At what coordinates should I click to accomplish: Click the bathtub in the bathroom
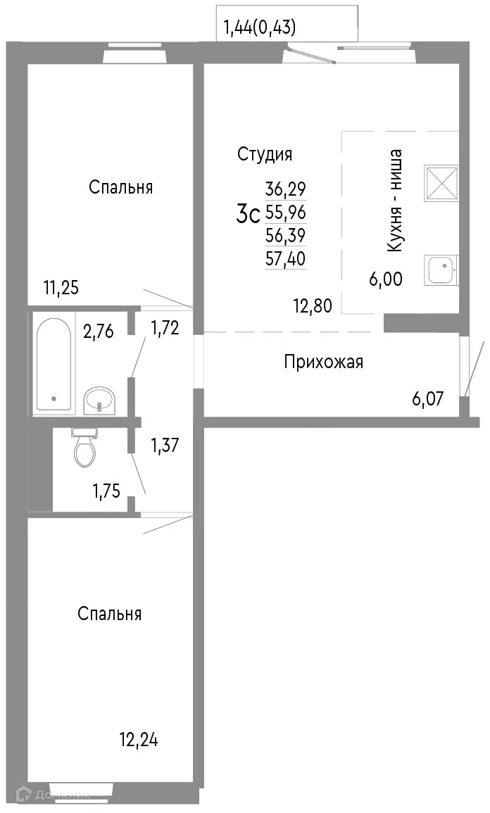point(54,363)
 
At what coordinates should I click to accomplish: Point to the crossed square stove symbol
point(441,183)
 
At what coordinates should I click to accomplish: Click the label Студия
point(265,154)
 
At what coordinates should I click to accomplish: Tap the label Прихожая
point(323,362)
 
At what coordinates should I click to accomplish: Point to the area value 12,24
point(139,740)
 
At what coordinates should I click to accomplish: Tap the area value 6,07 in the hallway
point(427,400)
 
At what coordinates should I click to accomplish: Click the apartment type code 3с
point(249,214)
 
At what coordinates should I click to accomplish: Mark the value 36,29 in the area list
point(285,189)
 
